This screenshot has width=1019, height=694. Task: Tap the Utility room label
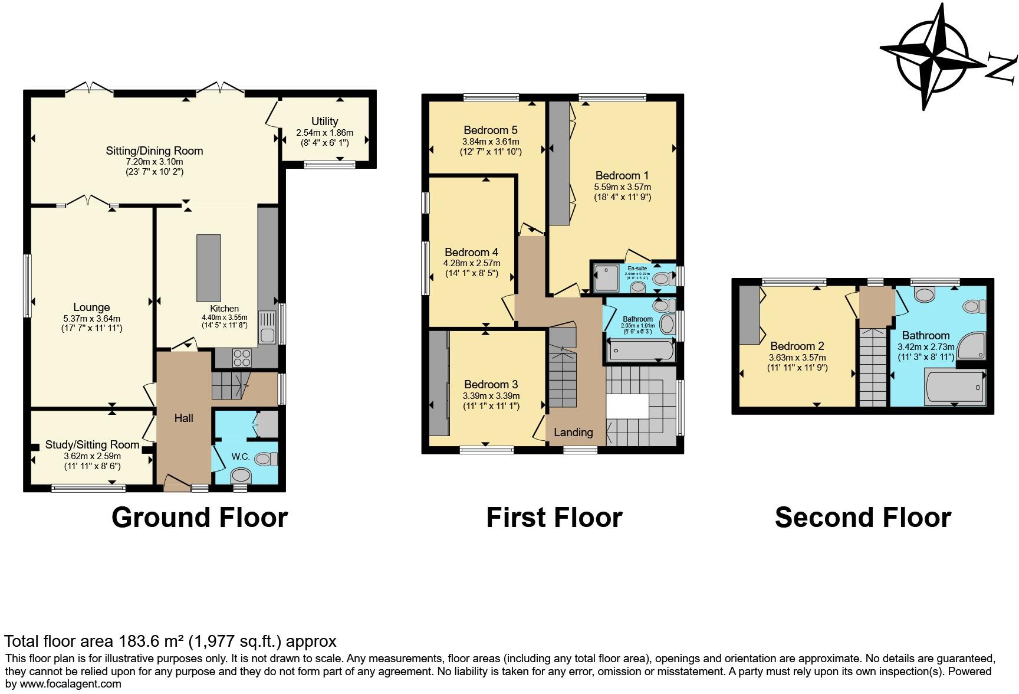click(x=324, y=122)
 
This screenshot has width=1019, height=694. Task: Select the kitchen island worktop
click(x=209, y=268)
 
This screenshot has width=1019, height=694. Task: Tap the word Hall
click(x=183, y=418)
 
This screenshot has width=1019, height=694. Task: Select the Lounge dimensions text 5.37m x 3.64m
click(x=91, y=318)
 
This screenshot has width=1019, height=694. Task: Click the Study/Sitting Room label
click(x=92, y=445)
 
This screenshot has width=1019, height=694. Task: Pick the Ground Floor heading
click(x=199, y=517)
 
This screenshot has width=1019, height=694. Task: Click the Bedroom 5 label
click(x=490, y=130)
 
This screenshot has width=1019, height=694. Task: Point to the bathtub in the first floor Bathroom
click(x=640, y=351)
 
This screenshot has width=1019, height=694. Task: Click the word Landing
click(x=573, y=433)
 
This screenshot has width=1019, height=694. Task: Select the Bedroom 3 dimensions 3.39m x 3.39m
click(x=491, y=395)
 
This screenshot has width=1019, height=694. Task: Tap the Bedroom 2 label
click(x=797, y=346)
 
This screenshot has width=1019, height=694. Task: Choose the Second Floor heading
click(x=862, y=517)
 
